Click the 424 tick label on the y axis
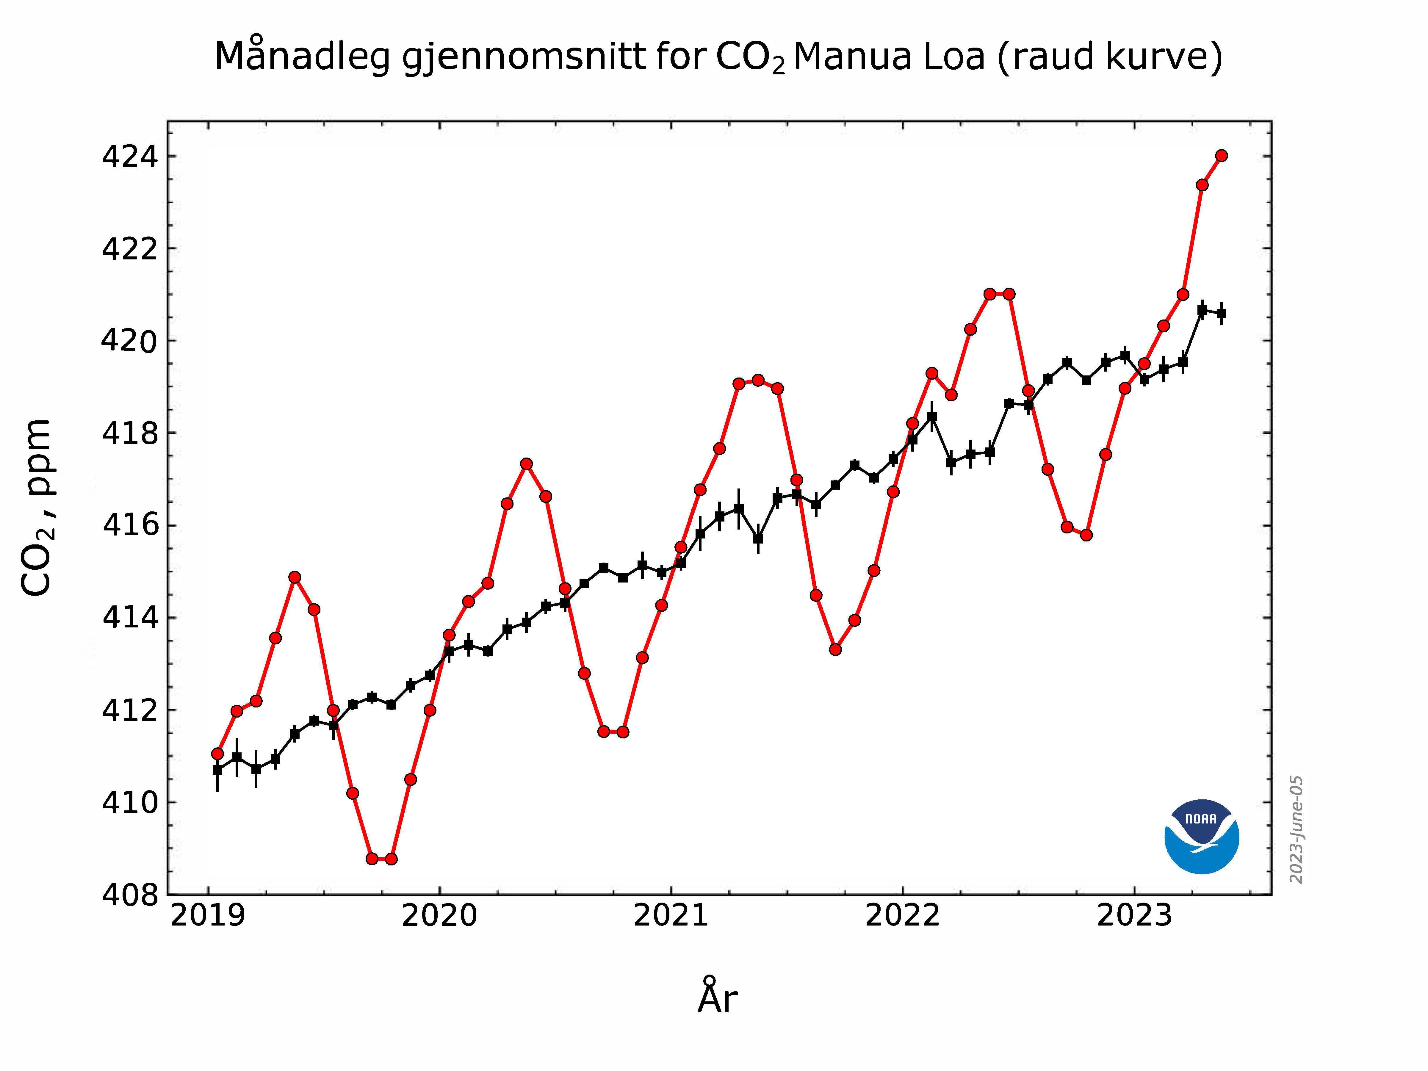129,157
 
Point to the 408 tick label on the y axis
129,895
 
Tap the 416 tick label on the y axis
129,525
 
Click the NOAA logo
1201,837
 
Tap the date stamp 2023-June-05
1296,829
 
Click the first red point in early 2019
217,753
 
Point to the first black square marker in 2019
217,770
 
